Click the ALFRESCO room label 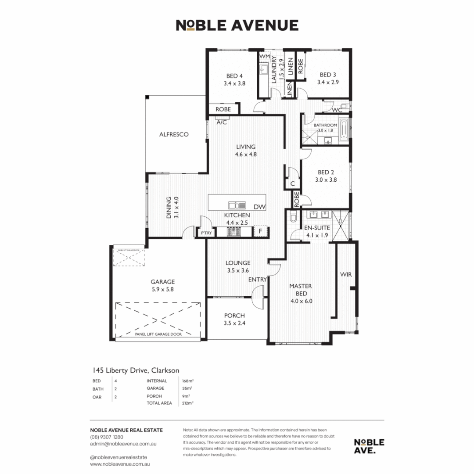pos(174,134)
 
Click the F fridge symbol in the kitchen pos(260,231)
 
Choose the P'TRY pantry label pos(206,233)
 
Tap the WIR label pos(346,275)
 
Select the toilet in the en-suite pos(293,218)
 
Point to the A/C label pos(222,122)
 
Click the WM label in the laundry pos(264,57)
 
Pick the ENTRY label pos(257,279)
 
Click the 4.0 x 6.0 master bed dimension pos(301,302)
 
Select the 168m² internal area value pos(188,381)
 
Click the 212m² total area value pos(188,403)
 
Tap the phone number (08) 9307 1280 pos(106,437)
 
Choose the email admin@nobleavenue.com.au pos(123,444)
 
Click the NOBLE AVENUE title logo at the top pos(237,25)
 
